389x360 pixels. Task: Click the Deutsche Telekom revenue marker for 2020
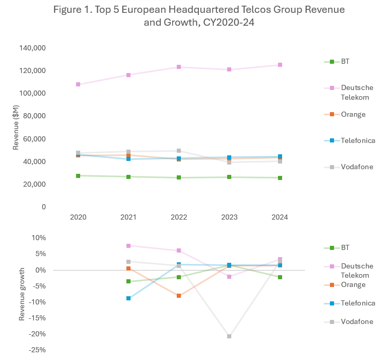[78, 84]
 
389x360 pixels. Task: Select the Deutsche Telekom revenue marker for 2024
[280, 65]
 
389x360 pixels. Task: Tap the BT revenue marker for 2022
[179, 177]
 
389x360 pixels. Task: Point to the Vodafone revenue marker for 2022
[179, 151]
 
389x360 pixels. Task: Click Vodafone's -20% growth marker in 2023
[229, 336]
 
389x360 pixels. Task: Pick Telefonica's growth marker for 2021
[128, 298]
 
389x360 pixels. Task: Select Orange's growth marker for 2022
[179, 296]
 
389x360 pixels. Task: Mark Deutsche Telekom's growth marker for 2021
[128, 246]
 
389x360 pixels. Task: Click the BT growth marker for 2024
[280, 277]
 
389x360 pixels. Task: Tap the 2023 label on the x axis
[229, 217]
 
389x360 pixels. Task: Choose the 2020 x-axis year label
[78, 217]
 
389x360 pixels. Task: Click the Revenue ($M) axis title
[16, 128]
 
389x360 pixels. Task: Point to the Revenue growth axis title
[22, 294]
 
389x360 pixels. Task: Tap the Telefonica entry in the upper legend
[358, 140]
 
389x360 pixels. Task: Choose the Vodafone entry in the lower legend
[357, 321]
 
